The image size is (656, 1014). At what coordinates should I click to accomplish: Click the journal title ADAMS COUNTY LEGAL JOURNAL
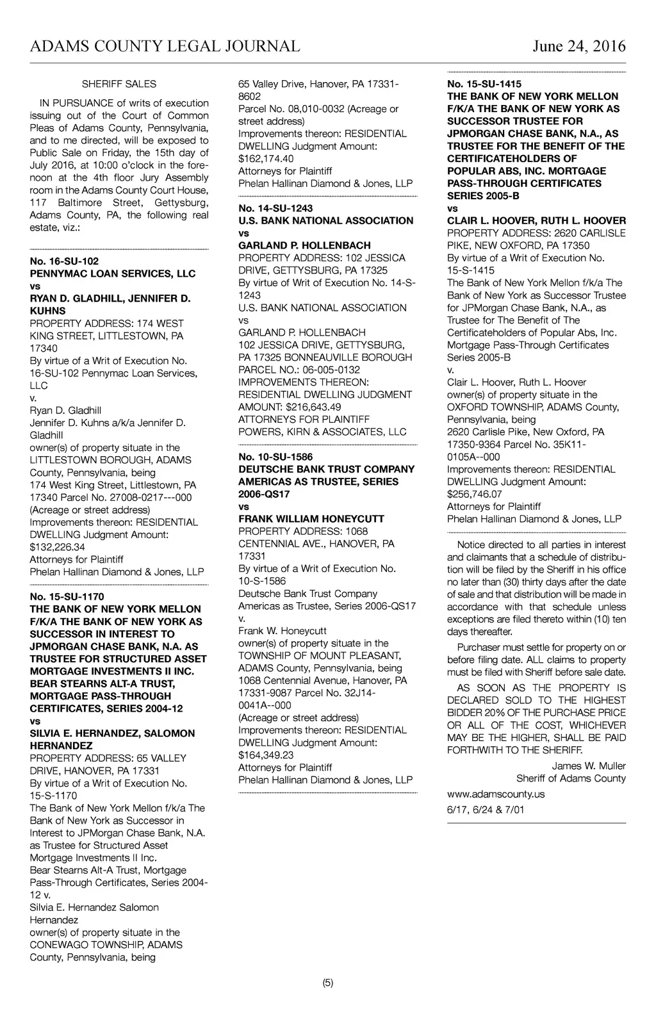pos(165,46)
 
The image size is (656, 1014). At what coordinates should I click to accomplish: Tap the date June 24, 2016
pos(578,46)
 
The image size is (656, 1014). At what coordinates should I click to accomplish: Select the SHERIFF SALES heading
pos(119,84)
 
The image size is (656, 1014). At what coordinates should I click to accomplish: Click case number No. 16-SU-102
pos(64,261)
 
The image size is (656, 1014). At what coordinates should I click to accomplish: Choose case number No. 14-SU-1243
pos(275,208)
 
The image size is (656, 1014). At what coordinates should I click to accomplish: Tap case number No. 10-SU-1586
pos(275,457)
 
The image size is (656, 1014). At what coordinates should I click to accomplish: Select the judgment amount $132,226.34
pos(58,547)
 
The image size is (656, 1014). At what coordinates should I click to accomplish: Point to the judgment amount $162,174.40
pos(266,158)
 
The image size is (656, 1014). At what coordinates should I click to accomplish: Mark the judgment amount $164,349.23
pos(266,755)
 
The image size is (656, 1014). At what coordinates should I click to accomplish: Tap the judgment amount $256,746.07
pos(475,494)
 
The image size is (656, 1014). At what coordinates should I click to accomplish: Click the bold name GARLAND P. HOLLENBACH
pos(304,245)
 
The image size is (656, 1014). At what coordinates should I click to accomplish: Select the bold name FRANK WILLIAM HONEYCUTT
pos(311,519)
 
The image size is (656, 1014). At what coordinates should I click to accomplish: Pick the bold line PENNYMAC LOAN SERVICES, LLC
pos(113,274)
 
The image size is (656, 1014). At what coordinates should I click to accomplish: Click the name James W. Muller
pos(589,766)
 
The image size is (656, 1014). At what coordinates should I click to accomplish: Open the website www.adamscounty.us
pos(496,794)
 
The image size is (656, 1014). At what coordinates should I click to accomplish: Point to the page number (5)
pos(328,983)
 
